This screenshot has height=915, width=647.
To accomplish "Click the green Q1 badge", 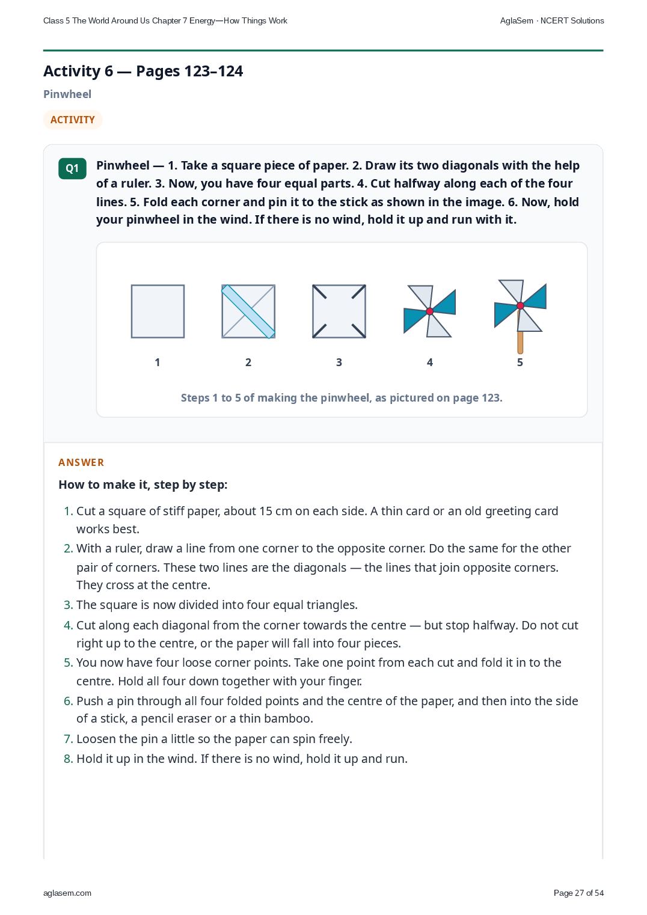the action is [72, 168].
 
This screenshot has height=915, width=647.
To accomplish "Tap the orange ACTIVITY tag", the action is [73, 120].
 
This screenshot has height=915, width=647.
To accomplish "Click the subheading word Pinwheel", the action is [67, 94].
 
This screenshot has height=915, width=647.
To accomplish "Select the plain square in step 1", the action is [158, 311].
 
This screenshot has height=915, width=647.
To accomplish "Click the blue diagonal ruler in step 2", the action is [248, 311].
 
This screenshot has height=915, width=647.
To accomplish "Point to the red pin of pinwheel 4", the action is [430, 311].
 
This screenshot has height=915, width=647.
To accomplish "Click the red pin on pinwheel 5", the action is [520, 305].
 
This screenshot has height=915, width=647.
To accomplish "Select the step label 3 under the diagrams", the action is [339, 363].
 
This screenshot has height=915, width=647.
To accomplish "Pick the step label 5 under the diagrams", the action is [520, 363].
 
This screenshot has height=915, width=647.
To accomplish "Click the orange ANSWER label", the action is [81, 462].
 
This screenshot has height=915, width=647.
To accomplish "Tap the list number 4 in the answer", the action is [68, 625].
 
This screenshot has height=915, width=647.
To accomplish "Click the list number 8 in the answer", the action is [68, 759].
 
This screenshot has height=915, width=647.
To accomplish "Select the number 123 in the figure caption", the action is [491, 398].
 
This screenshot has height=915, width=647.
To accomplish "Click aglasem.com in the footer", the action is [67, 893].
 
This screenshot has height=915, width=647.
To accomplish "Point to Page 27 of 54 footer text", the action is [578, 893].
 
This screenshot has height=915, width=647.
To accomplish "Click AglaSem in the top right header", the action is [517, 21].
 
